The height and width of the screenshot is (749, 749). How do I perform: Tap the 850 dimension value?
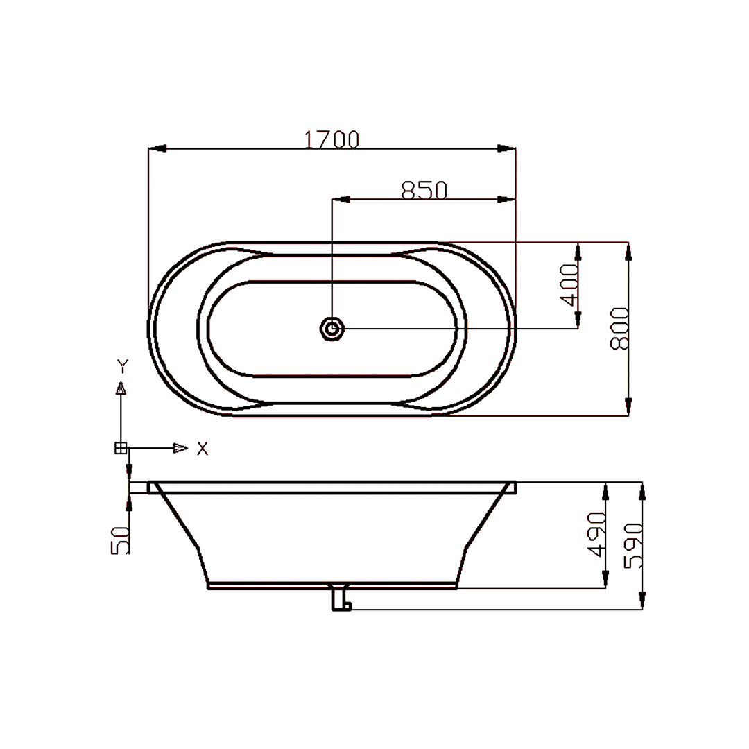[x=424, y=190]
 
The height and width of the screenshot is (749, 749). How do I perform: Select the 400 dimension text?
[x=569, y=284]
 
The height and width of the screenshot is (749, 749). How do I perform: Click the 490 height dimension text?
[x=597, y=535]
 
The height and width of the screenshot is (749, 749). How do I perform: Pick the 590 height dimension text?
[x=633, y=546]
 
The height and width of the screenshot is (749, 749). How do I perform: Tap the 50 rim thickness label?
[x=120, y=540]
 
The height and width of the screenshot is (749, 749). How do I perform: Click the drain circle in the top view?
[x=332, y=328]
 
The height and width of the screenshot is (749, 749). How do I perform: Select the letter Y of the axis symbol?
[x=121, y=365]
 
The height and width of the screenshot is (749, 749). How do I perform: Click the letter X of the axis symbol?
[x=202, y=449]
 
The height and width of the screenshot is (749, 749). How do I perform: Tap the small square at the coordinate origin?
[x=121, y=448]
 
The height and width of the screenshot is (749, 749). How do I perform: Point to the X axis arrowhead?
[x=180, y=448]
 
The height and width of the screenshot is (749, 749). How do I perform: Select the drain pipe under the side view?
[x=340, y=598]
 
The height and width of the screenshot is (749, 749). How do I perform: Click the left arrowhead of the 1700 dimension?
[x=158, y=148]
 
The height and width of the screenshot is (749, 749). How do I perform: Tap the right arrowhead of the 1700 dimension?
[x=507, y=148]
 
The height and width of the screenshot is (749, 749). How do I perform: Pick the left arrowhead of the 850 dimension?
[x=341, y=200]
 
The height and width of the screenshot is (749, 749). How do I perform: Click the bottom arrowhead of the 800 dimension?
[x=628, y=406]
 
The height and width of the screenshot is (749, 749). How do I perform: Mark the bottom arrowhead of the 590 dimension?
[x=642, y=601]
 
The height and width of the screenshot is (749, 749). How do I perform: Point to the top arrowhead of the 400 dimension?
[x=578, y=251]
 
